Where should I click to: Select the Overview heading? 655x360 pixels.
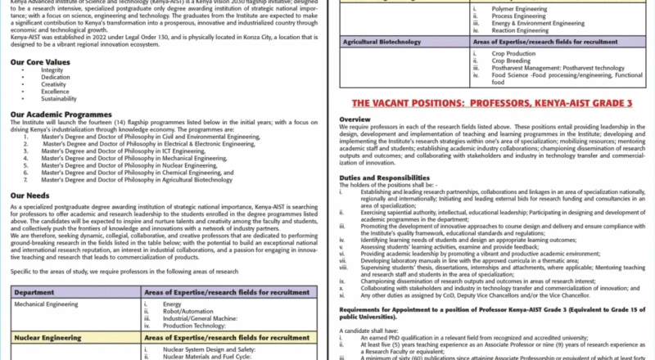(355, 119)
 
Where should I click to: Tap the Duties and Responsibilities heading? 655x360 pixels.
(384, 178)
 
